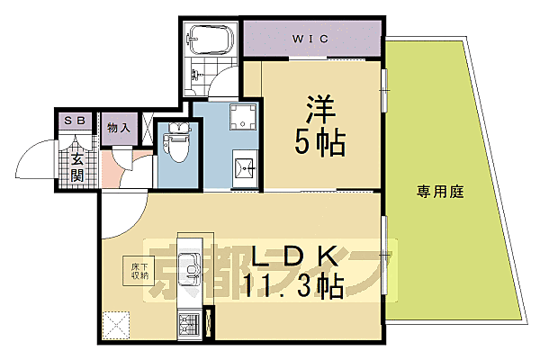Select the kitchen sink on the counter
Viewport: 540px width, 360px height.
tap(191, 268)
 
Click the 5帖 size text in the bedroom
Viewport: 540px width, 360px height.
tap(319, 143)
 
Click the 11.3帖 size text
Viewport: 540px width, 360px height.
tap(292, 286)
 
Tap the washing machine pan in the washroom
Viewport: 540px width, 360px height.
tap(242, 114)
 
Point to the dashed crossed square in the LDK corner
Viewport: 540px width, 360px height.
tap(116, 323)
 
